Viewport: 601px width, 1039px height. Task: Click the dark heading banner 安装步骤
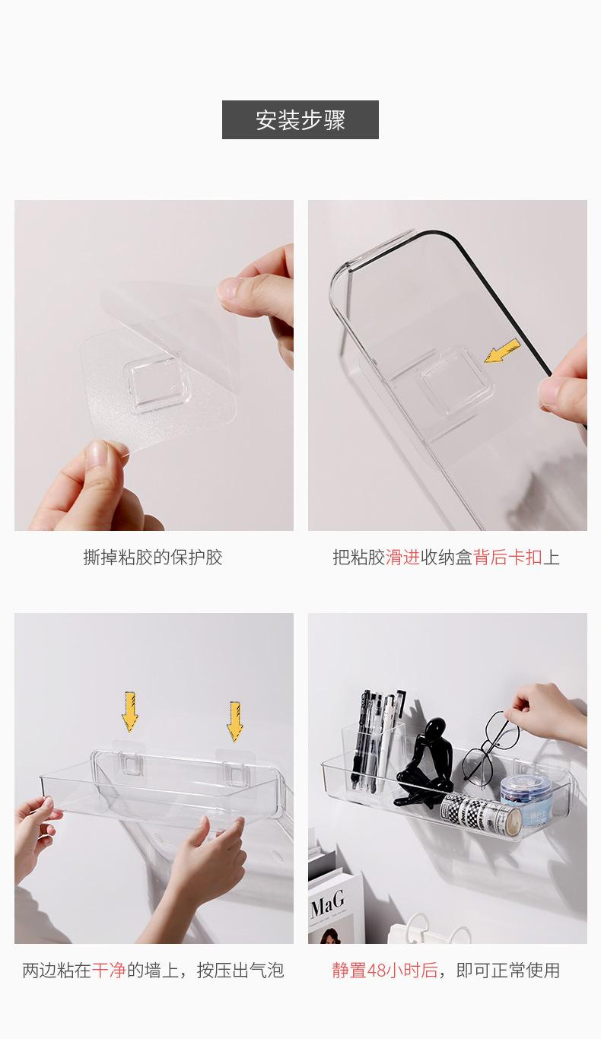pyautogui.click(x=300, y=119)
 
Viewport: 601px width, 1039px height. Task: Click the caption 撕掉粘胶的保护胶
pyautogui.click(x=153, y=557)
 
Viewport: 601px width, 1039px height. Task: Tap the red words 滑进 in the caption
pyautogui.click(x=402, y=557)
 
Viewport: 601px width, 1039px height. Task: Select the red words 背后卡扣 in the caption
pyautogui.click(x=507, y=557)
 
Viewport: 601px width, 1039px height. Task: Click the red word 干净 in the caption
pyautogui.click(x=109, y=970)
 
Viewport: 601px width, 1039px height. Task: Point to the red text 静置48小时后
pyautogui.click(x=385, y=970)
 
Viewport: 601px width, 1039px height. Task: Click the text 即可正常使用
pyautogui.click(x=507, y=970)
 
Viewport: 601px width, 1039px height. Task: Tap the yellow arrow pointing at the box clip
pyautogui.click(x=503, y=351)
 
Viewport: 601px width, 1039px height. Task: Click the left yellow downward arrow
pyautogui.click(x=130, y=711)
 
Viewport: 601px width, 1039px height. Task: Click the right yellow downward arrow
pyautogui.click(x=235, y=721)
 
